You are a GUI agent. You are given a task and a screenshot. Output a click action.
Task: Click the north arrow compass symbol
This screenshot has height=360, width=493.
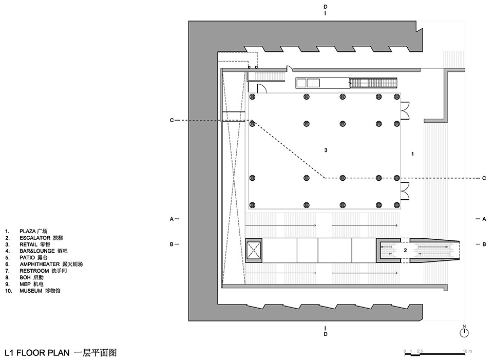464,332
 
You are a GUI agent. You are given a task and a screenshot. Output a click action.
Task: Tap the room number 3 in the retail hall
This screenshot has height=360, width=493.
326,150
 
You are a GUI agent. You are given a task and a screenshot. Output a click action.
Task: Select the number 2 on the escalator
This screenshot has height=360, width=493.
405,250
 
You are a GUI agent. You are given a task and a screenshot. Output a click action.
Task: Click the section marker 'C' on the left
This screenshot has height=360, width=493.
172,120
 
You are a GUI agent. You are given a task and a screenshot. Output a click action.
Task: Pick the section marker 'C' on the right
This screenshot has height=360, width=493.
483,178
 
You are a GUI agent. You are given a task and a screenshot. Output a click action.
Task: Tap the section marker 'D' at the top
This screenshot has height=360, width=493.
325,7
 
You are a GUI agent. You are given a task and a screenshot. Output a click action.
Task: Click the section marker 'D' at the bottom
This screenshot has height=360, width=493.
325,335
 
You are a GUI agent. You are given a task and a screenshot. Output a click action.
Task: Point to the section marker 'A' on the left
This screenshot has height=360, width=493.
172,219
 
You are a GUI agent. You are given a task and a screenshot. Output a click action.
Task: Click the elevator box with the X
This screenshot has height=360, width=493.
254,251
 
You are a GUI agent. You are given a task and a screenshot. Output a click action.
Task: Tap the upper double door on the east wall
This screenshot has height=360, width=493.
405,109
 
